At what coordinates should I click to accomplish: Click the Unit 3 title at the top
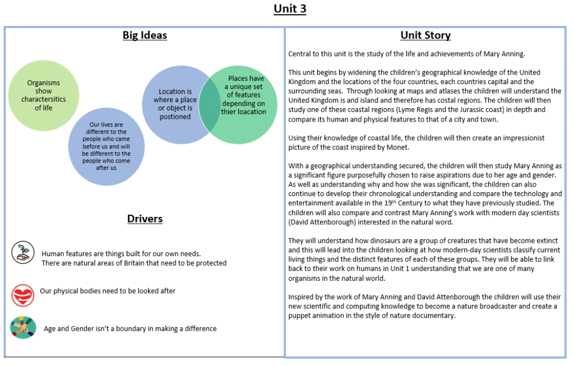pyautogui.click(x=290, y=9)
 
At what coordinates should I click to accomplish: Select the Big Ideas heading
pyautogui.click(x=145, y=35)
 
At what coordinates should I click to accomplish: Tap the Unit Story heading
pyautogui.click(x=425, y=35)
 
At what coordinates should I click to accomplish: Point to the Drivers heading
pyautogui.click(x=145, y=219)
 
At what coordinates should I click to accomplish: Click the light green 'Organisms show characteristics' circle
pyautogui.click(x=44, y=95)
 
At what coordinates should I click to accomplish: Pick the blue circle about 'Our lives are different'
pyautogui.click(x=106, y=146)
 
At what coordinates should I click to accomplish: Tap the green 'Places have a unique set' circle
pyautogui.click(x=243, y=105)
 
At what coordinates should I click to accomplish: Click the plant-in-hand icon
pyautogui.click(x=22, y=252)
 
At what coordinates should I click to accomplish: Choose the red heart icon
pyautogui.click(x=22, y=295)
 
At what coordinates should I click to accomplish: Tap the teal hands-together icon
pyautogui.click(x=23, y=327)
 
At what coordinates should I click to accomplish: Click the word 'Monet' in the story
pyautogui.click(x=397, y=147)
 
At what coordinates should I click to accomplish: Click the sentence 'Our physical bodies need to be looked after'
pyautogui.click(x=108, y=291)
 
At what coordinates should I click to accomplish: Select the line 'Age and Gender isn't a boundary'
pyautogui.click(x=130, y=328)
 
